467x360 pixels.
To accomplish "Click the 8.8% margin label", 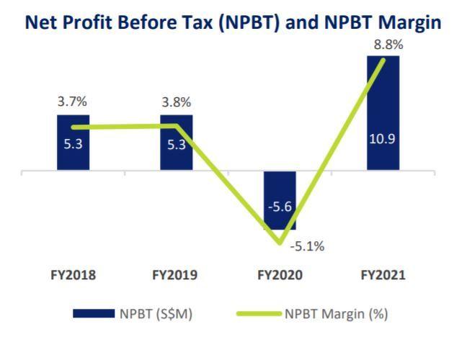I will point(388,45).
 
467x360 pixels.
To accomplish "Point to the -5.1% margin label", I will point(307,246).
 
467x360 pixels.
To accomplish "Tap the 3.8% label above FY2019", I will point(177,102).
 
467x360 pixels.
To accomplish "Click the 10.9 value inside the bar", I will point(382,138).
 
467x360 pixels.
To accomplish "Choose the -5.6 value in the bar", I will point(280,207).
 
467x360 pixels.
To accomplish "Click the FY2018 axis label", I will point(74,275).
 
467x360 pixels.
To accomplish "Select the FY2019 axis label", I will point(175,275).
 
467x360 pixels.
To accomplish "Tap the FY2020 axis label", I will point(280,275).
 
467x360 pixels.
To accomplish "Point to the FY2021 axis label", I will point(383,275).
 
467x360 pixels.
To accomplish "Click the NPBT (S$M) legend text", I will point(155,313).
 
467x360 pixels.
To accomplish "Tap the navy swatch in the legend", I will point(93,313).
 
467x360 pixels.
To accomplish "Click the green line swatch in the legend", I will point(258,313).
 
